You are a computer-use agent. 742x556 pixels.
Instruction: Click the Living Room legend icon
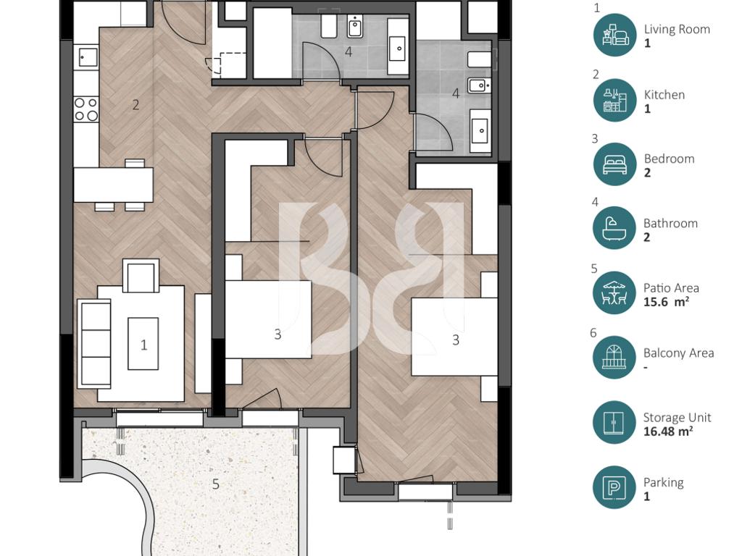coord(614,35)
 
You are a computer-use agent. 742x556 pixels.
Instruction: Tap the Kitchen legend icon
coord(614,100)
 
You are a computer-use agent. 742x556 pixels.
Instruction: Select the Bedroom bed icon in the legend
coord(614,164)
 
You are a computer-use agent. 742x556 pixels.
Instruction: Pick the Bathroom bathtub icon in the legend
coord(614,228)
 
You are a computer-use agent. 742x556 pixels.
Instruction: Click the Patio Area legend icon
coord(614,293)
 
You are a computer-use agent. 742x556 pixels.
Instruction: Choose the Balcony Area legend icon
coord(614,358)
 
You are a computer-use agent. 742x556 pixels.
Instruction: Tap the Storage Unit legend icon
coord(614,423)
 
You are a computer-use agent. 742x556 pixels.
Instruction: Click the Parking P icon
coord(614,487)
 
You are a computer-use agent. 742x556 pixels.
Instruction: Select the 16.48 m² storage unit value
coord(668,431)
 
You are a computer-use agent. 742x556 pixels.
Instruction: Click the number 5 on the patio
coord(216,484)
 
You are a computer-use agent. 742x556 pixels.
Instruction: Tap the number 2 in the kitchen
coord(136,104)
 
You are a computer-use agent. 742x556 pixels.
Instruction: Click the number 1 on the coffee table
coord(144,345)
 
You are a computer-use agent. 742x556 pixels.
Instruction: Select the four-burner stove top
coord(87,109)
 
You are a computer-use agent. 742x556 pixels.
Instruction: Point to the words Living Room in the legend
coord(677,29)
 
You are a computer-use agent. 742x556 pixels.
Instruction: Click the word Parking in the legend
coord(664,482)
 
